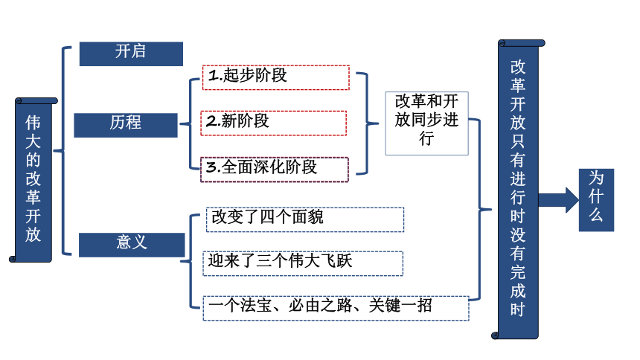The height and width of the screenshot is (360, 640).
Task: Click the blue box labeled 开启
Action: tap(131, 54)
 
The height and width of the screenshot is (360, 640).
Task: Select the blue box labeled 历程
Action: tap(126, 125)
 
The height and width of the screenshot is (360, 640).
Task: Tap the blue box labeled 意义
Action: tap(132, 245)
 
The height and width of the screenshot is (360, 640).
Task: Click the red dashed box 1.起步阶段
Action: tap(276, 77)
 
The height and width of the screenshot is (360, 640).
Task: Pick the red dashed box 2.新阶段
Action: tap(273, 123)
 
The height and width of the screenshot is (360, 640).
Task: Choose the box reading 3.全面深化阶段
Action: tap(275, 170)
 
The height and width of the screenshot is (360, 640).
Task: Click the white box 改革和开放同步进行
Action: tap(426, 123)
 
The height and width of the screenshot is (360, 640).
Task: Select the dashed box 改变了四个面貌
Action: tap(305, 219)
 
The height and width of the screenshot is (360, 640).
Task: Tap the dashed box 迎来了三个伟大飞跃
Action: tap(303, 263)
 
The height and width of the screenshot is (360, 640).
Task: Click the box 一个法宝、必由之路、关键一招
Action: tap(336, 308)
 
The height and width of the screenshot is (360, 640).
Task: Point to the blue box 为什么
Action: tap(596, 200)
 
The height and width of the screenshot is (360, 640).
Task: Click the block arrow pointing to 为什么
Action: tap(558, 200)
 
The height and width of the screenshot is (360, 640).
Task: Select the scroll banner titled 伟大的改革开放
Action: tap(33, 180)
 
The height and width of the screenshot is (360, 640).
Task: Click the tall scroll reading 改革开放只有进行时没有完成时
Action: tap(518, 190)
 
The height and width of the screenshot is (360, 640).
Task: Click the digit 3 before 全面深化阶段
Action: tap(211, 167)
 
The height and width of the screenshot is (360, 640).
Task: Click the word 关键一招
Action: tap(400, 305)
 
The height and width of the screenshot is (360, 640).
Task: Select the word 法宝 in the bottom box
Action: tap(256, 305)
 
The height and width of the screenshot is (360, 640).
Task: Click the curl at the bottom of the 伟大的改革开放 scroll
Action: tap(13, 259)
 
